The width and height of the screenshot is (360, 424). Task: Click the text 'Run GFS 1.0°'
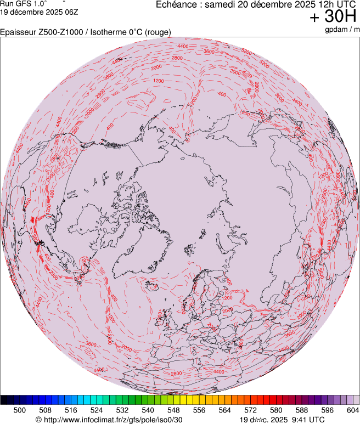(23, 3)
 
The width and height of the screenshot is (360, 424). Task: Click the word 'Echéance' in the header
(177, 4)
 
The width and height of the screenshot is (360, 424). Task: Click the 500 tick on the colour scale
(20, 410)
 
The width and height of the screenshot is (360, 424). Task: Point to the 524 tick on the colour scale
(97, 410)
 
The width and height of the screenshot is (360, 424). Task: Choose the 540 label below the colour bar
(148, 410)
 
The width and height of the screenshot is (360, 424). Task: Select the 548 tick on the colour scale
(173, 410)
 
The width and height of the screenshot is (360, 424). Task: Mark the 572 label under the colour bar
(250, 410)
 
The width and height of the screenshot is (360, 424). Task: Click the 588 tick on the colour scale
(302, 410)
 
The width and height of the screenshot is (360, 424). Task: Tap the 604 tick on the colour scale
(353, 410)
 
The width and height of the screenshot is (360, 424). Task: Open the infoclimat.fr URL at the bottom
(109, 420)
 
